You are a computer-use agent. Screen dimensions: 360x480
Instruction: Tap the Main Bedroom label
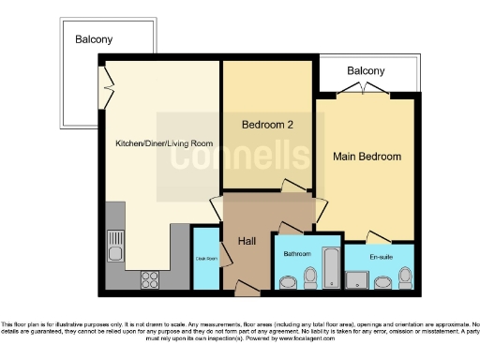coord(367,157)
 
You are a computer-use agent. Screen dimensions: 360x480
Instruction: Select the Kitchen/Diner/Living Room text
coord(164,143)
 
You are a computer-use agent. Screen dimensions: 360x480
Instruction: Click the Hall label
coord(247,242)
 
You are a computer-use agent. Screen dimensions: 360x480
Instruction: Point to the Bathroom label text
coord(296,252)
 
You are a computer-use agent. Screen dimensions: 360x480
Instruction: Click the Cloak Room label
coord(205,258)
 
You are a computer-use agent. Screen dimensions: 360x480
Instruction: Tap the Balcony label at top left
coord(94,39)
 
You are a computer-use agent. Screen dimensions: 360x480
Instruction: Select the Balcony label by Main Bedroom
coord(365,71)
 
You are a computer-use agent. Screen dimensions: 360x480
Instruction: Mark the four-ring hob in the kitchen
coord(150,278)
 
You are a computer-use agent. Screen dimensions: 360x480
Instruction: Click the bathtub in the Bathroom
coord(330,267)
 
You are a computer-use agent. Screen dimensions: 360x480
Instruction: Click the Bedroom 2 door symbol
coord(294,185)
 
